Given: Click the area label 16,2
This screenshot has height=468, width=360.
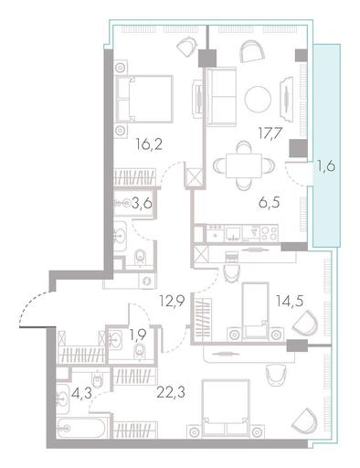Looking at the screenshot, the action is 149,144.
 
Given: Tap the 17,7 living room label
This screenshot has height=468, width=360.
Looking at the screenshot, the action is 270,133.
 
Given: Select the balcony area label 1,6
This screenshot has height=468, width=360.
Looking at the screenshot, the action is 326,166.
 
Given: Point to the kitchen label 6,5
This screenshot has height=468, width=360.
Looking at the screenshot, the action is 269,202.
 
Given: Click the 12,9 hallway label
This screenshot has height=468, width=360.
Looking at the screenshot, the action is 172,302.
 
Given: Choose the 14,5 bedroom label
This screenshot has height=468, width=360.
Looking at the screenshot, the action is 290,301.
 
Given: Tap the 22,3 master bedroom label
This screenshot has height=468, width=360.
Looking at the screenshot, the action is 171,392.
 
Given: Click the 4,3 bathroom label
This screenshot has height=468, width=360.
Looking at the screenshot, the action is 81,393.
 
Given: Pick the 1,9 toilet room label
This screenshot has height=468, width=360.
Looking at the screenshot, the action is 138,335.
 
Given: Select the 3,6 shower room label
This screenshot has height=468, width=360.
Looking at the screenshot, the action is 142,203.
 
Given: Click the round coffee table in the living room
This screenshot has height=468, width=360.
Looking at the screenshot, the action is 258,99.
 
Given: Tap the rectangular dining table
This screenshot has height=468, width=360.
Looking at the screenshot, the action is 244,165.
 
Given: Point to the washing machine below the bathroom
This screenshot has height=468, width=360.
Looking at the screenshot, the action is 147,281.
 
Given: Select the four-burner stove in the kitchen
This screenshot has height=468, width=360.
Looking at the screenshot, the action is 270,234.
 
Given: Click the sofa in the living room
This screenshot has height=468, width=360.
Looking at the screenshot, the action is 221,97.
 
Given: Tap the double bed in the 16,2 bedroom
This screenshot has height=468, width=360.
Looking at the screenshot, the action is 143,99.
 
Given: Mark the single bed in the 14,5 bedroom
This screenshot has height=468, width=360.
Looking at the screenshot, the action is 255,311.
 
